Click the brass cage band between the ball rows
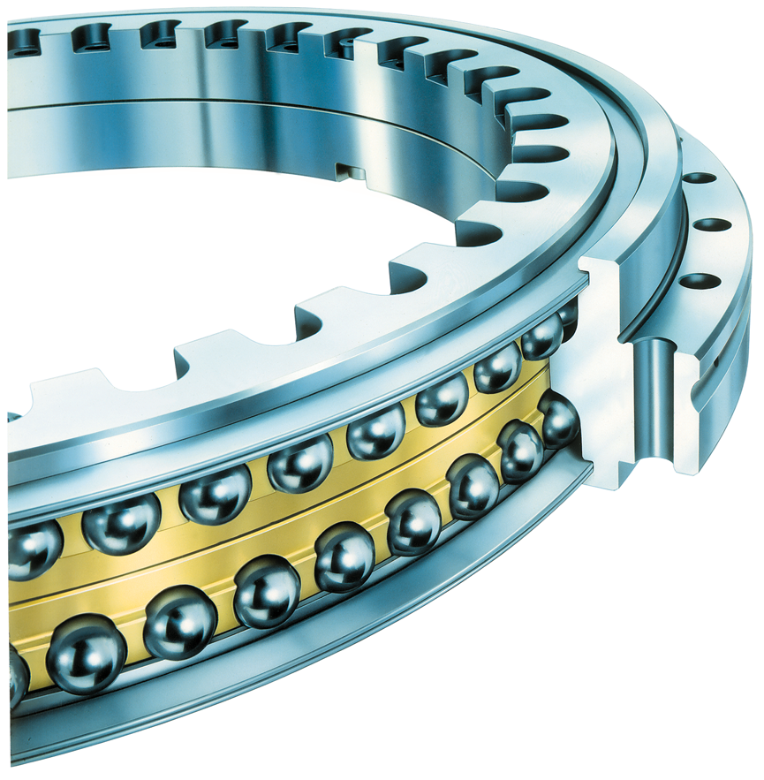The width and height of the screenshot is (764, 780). click(265, 530)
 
